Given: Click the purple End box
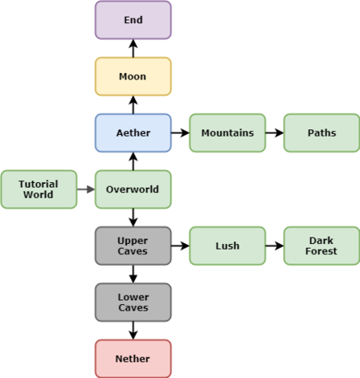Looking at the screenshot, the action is (133, 20).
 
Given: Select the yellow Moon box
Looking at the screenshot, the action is (133, 76).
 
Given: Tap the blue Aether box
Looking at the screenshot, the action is (133, 133).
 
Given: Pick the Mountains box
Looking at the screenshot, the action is (227, 133).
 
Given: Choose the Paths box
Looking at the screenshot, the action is (321, 133).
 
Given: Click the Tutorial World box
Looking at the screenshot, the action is (39, 189).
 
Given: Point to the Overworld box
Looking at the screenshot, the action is (133, 189).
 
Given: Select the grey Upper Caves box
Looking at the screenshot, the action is (133, 246).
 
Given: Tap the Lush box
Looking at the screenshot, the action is (227, 246).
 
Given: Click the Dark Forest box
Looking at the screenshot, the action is (321, 246).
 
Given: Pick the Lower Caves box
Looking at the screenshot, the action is (133, 303).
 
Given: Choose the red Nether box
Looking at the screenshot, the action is (133, 359).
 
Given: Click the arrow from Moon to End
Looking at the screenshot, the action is (133, 48).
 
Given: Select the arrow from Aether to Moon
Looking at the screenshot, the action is (133, 105).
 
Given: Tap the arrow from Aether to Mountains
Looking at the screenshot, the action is (180, 132).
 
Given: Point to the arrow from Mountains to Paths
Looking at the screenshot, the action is (275, 132).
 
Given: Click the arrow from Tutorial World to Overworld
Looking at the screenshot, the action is (86, 189).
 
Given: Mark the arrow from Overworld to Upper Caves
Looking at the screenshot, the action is (133, 217).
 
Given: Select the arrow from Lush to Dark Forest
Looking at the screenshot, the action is (275, 246).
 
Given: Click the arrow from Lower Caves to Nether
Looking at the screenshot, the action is (133, 331).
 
